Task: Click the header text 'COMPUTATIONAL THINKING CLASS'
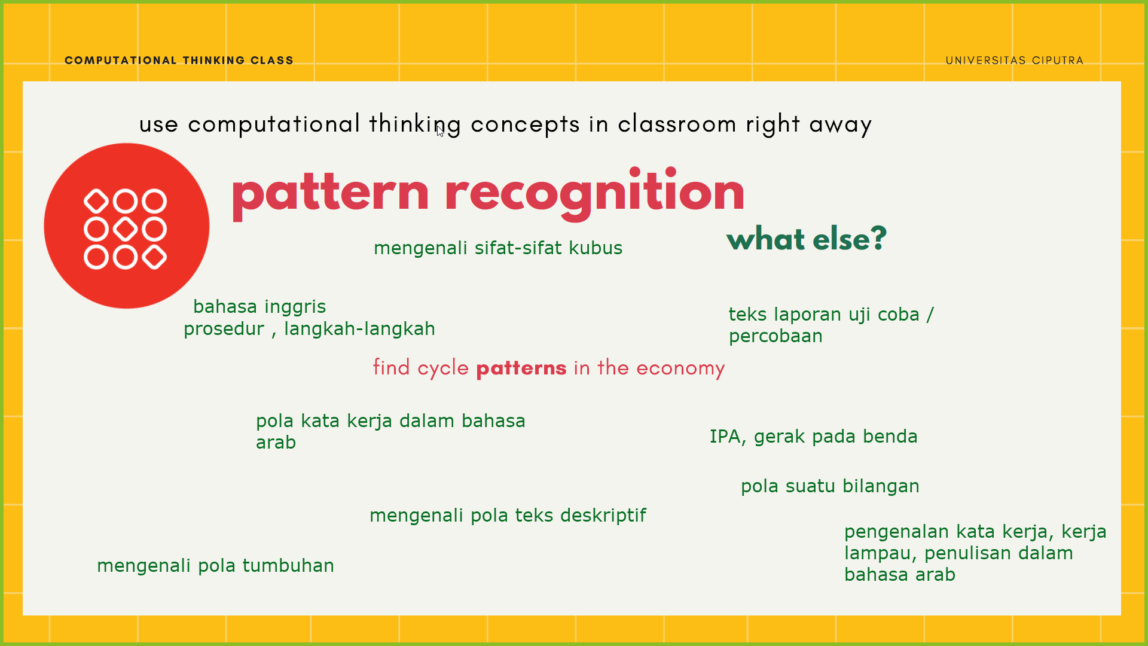[179, 60]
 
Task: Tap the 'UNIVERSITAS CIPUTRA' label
[1014, 60]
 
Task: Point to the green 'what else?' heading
[807, 239]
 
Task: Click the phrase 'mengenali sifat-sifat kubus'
[498, 248]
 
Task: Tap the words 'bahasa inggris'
[259, 307]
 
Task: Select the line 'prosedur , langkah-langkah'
[309, 329]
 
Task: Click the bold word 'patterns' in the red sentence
[521, 368]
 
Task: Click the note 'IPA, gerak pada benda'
[813, 437]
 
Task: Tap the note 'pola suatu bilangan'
[830, 486]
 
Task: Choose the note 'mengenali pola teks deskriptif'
[508, 516]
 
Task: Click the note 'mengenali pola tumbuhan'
[215, 566]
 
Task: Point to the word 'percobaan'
[775, 336]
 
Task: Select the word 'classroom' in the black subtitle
[677, 124]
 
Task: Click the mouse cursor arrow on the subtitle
[439, 131]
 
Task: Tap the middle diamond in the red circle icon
[126, 229]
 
